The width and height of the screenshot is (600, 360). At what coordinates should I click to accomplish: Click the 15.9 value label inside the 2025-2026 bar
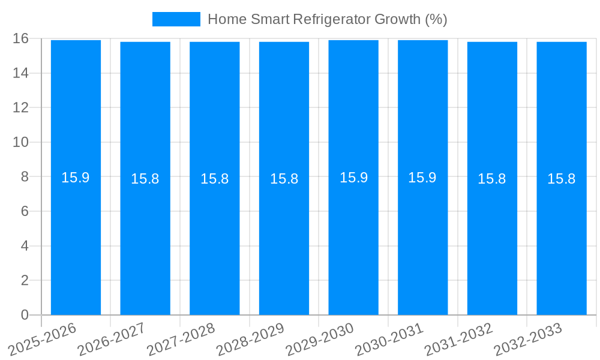click(76, 178)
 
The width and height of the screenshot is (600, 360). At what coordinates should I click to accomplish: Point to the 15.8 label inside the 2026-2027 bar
click(145, 179)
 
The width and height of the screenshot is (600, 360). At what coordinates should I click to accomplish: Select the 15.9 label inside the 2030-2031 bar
click(422, 178)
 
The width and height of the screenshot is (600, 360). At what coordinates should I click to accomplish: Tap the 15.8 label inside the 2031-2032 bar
click(492, 179)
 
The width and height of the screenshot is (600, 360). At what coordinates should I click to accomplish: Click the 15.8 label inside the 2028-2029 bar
click(284, 179)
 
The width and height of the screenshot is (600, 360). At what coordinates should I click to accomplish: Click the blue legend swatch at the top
click(176, 19)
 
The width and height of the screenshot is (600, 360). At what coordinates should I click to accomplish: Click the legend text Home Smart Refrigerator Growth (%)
click(327, 19)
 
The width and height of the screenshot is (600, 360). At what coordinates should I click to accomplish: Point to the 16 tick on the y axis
click(20, 38)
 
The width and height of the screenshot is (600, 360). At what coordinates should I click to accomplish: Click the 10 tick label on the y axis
click(20, 142)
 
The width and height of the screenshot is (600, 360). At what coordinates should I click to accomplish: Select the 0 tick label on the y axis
click(25, 315)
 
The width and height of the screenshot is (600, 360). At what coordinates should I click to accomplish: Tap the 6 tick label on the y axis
click(25, 211)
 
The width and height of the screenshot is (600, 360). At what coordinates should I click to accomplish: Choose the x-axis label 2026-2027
click(112, 340)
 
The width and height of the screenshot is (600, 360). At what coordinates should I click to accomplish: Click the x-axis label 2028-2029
click(251, 340)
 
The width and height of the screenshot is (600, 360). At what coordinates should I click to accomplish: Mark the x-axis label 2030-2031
click(390, 340)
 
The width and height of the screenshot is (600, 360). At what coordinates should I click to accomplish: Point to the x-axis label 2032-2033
click(529, 340)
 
